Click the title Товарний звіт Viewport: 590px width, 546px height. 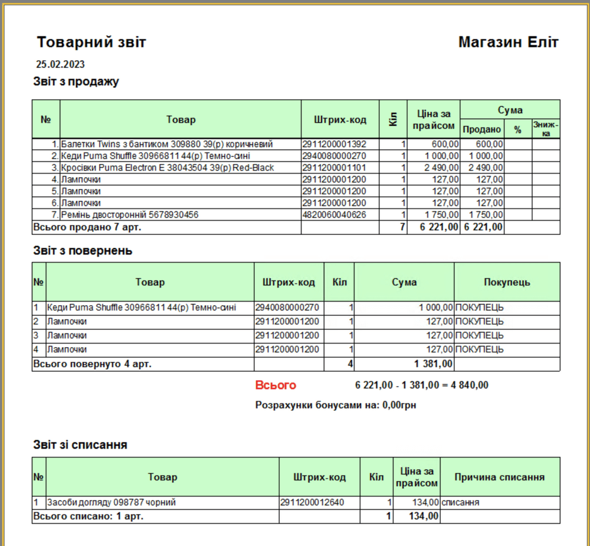[91, 42]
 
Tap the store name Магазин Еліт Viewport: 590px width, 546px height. [508, 42]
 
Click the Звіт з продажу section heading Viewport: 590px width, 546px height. [76, 81]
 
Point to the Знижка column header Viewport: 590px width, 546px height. [546, 129]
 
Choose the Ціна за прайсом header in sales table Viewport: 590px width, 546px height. [434, 119]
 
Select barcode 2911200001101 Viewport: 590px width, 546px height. [334, 168]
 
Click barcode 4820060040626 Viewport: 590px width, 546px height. [334, 215]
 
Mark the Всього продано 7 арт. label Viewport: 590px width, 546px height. [87, 227]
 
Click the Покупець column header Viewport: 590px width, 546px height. [507, 282]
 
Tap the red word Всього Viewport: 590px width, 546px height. [276, 385]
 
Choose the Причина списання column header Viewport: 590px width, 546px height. [500, 477]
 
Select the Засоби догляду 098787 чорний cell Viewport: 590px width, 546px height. [112, 503]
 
